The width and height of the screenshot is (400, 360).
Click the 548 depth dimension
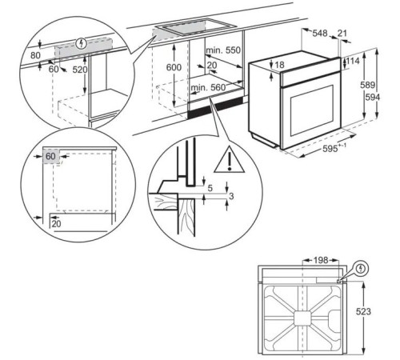pyautogui.click(x=320, y=34)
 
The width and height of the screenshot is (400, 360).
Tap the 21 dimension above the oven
pyautogui.click(x=344, y=34)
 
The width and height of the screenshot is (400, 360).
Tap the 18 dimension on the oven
pyautogui.click(x=280, y=64)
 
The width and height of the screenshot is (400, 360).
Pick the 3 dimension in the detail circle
pyautogui.click(x=232, y=195)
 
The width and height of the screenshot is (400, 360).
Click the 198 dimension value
pyautogui.click(x=322, y=261)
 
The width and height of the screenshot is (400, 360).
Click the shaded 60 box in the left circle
pyautogui.click(x=50, y=157)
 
